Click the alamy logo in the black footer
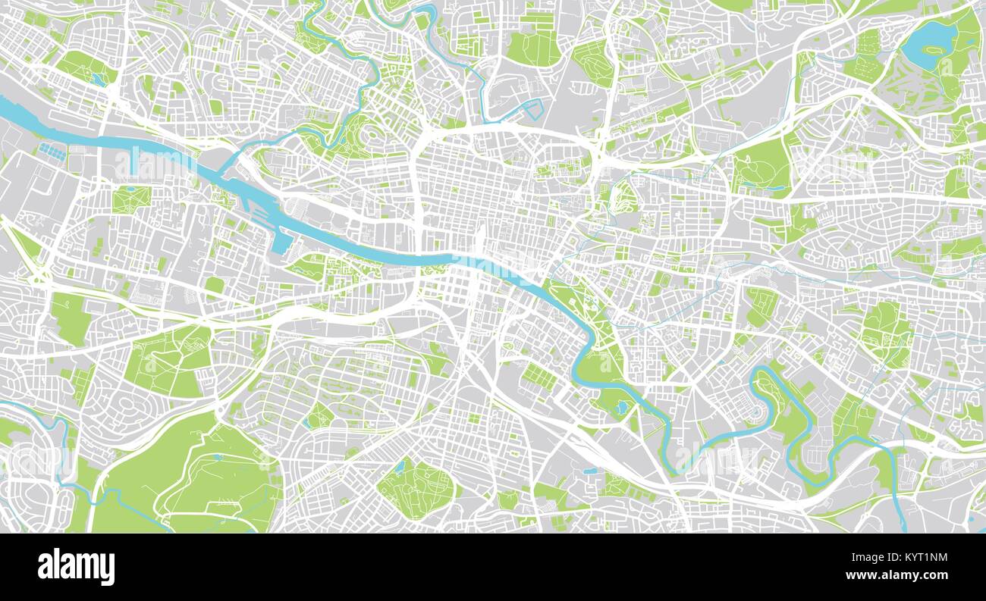77,567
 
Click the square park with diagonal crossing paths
126,199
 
